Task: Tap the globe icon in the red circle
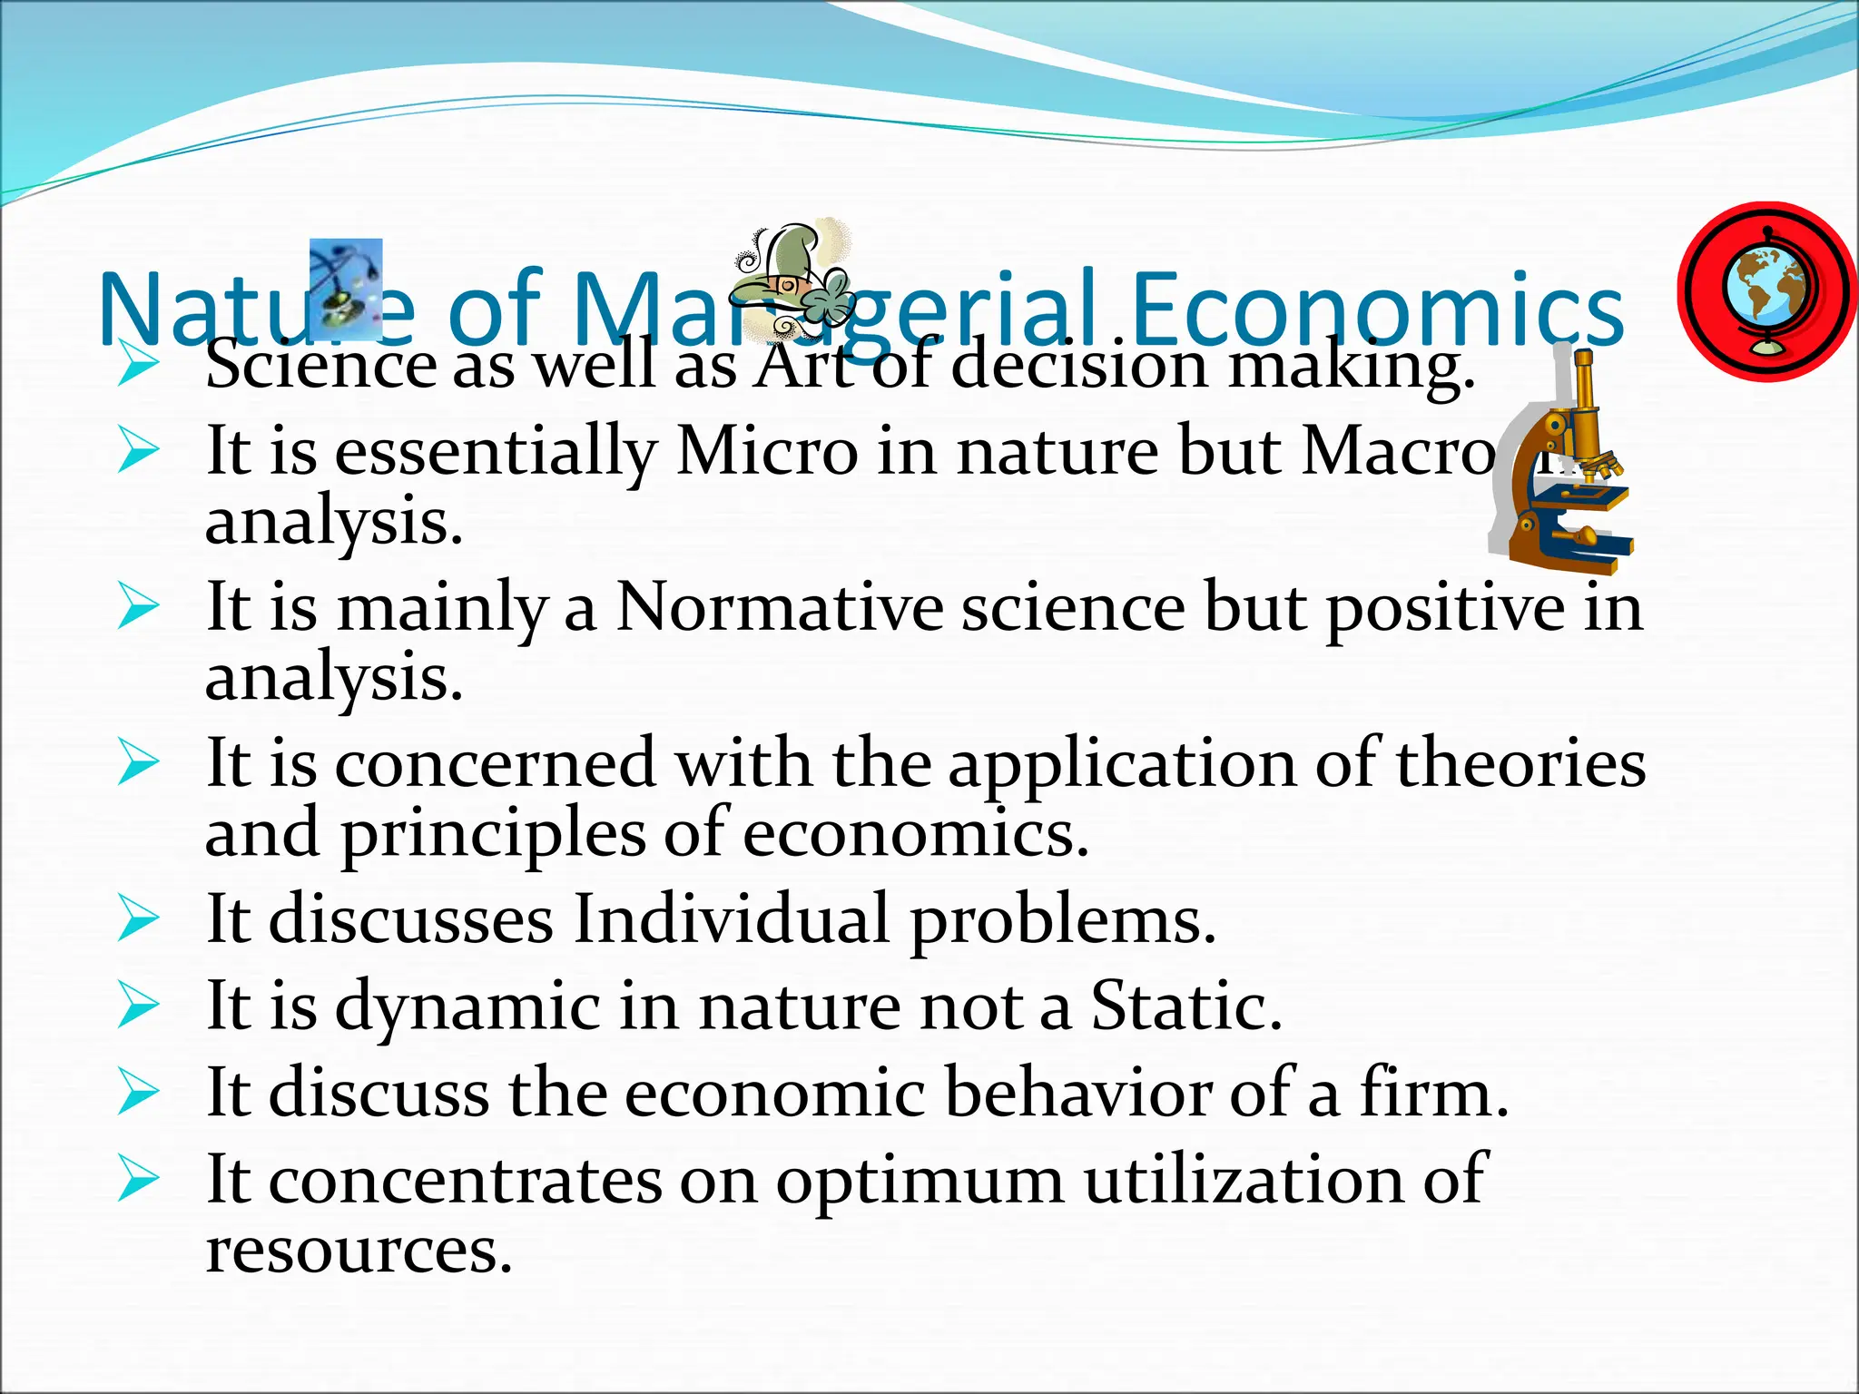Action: [x=1766, y=292]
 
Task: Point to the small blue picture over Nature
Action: [x=346, y=280]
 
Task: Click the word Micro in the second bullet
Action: [x=766, y=451]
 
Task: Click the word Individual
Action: [x=732, y=918]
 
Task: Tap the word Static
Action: [x=1185, y=1006]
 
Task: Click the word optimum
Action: [x=919, y=1180]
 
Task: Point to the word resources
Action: [x=359, y=1250]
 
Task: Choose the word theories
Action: [x=1520, y=762]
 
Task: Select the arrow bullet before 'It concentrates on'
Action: [x=138, y=1180]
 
